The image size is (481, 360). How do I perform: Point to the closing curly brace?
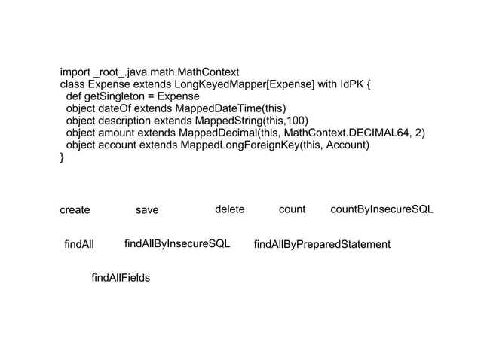(x=63, y=157)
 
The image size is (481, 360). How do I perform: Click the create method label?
(x=75, y=210)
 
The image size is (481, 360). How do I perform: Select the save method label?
(x=147, y=210)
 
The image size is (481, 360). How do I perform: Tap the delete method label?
(x=230, y=209)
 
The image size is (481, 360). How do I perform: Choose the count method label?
(x=292, y=209)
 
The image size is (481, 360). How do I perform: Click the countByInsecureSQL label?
(x=382, y=209)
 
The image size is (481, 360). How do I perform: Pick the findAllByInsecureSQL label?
(x=177, y=244)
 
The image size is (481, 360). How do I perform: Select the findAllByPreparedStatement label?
(x=322, y=244)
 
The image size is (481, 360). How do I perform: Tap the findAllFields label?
(x=121, y=279)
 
